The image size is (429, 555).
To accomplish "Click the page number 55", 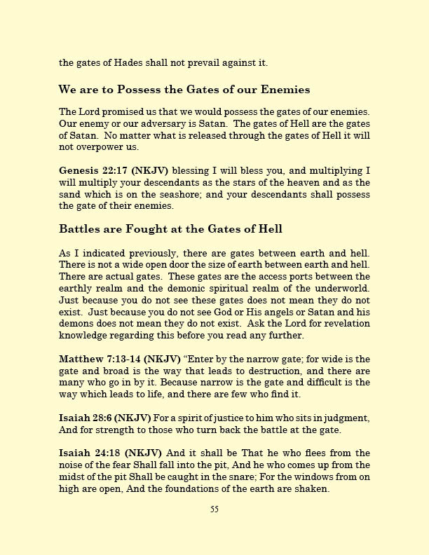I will [x=214, y=509].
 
